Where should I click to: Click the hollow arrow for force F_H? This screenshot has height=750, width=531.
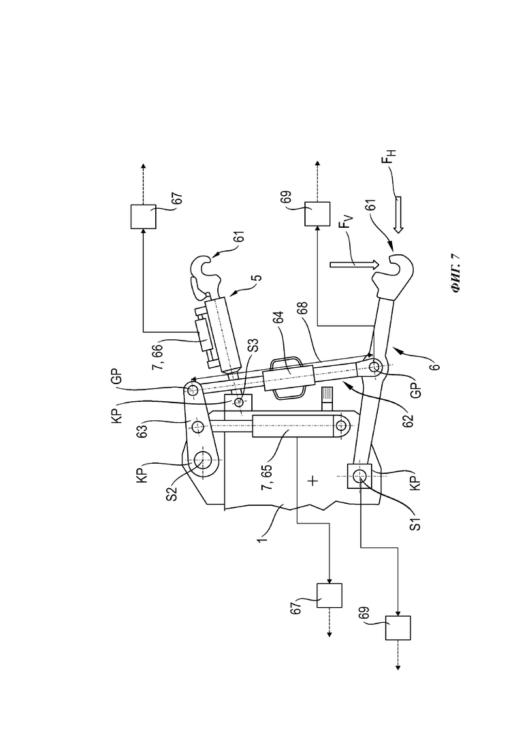pos(398,214)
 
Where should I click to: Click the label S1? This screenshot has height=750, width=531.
pos(415,522)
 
